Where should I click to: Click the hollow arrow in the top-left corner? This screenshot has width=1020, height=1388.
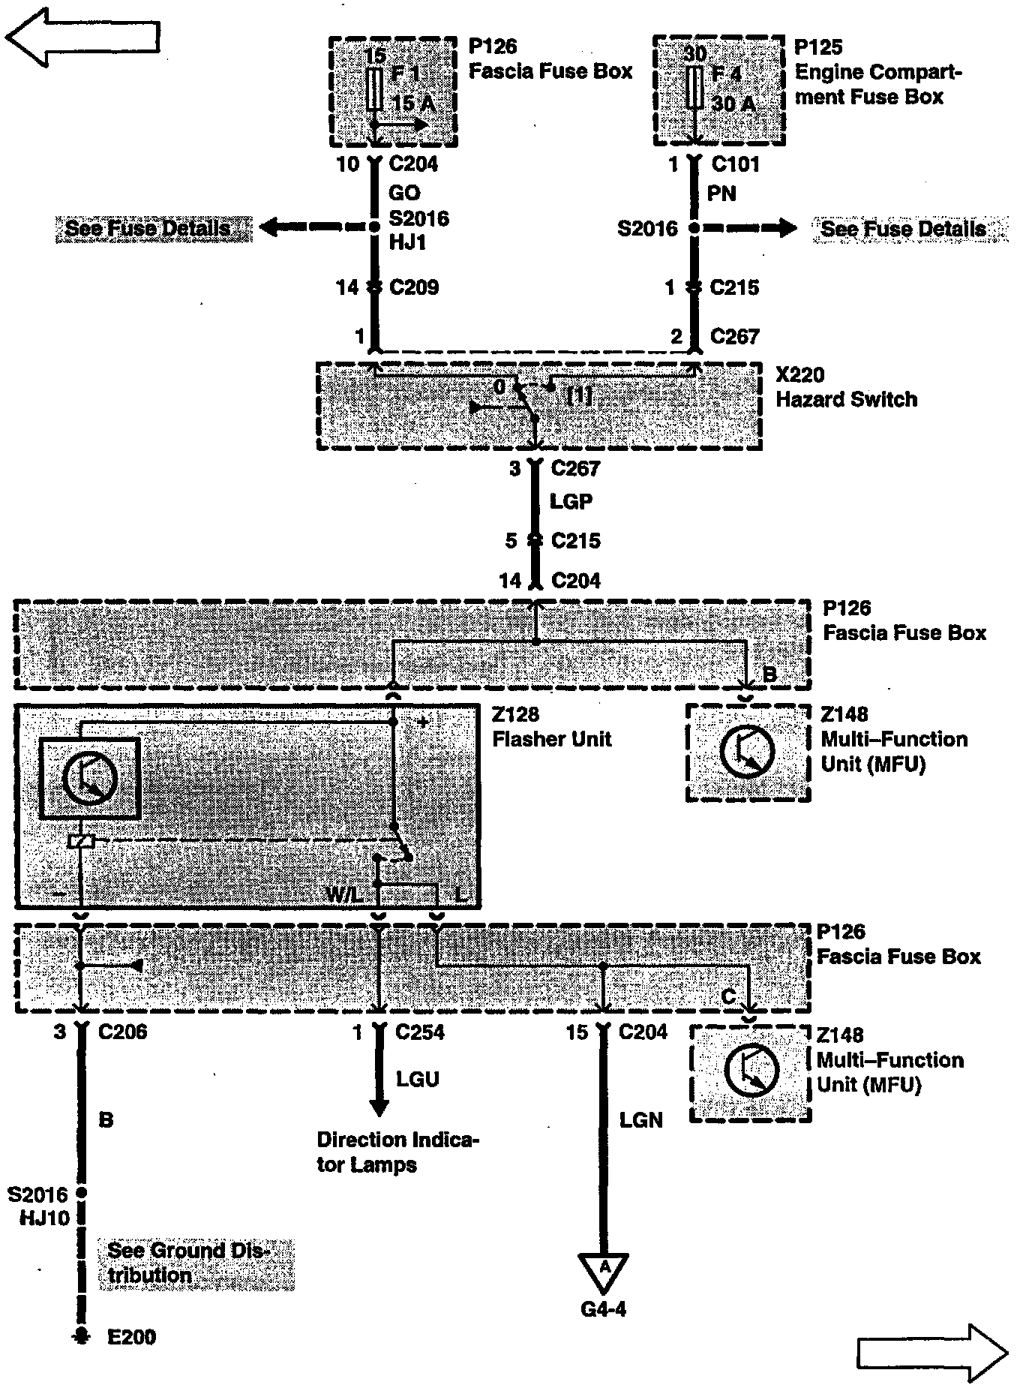[82, 36]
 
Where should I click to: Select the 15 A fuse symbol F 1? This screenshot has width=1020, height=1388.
[374, 89]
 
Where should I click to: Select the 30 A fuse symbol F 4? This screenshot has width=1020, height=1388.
[694, 87]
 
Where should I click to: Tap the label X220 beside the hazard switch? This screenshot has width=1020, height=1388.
[799, 375]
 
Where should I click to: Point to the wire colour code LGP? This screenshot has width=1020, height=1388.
[571, 501]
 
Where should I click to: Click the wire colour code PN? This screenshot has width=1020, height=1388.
[721, 194]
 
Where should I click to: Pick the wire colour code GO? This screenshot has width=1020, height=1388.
[404, 193]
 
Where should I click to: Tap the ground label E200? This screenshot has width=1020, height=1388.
[131, 1337]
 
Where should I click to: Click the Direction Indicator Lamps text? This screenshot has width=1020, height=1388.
[397, 1152]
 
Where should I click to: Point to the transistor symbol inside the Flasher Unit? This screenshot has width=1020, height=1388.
[89, 778]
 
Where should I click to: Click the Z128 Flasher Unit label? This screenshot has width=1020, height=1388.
[551, 727]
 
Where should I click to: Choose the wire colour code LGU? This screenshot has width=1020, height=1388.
[418, 1079]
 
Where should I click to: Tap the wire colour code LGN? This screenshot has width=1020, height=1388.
[641, 1120]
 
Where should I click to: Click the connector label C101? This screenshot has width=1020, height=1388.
[735, 164]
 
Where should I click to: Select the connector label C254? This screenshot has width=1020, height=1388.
[419, 1032]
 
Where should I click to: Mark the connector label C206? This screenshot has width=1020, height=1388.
[122, 1032]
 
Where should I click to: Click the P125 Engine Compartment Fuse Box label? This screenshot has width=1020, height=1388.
[877, 72]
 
